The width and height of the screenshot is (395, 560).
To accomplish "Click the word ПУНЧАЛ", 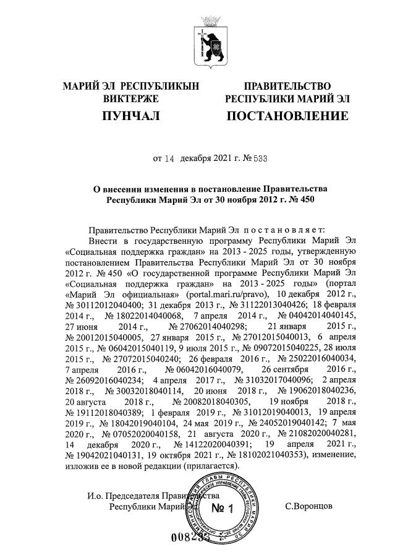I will tap(130, 116).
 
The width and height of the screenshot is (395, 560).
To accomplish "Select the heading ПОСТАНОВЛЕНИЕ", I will tap(287, 116).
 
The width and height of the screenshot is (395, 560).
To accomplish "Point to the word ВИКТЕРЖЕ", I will tap(130, 98).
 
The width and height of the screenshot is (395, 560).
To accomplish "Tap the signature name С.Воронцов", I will tap(309, 506).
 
